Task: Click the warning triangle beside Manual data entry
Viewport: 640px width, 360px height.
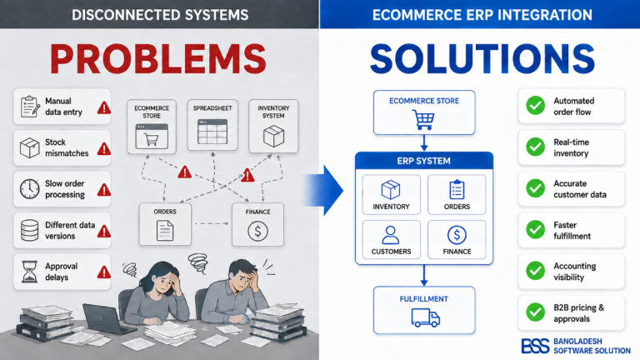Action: (x=104, y=107)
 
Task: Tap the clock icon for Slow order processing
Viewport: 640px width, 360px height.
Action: (x=30, y=189)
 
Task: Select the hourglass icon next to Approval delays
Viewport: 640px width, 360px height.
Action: (x=29, y=272)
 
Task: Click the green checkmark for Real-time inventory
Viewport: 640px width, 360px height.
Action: (x=535, y=147)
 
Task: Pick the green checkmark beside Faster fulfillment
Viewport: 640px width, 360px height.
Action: (x=535, y=230)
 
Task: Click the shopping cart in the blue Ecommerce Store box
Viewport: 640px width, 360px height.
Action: (x=423, y=120)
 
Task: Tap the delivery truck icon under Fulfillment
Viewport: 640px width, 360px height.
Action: (x=425, y=317)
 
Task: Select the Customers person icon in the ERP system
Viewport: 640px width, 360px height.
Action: (x=391, y=235)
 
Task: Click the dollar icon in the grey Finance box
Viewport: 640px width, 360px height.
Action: (x=257, y=231)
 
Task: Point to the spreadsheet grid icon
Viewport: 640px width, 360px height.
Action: (x=212, y=132)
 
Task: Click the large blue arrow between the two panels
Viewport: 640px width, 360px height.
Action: (x=324, y=190)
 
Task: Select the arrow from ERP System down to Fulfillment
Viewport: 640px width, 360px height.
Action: (x=423, y=275)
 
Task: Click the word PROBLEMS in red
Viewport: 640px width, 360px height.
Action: (x=158, y=58)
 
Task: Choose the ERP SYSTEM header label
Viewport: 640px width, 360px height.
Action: (x=423, y=161)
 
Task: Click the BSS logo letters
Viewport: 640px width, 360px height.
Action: (x=535, y=346)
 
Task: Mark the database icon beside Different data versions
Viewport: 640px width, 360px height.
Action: (x=29, y=230)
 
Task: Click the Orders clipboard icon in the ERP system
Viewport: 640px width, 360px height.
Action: (x=457, y=190)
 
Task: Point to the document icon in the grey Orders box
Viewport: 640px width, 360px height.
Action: (x=165, y=230)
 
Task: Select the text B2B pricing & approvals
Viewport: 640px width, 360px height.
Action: (x=579, y=313)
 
